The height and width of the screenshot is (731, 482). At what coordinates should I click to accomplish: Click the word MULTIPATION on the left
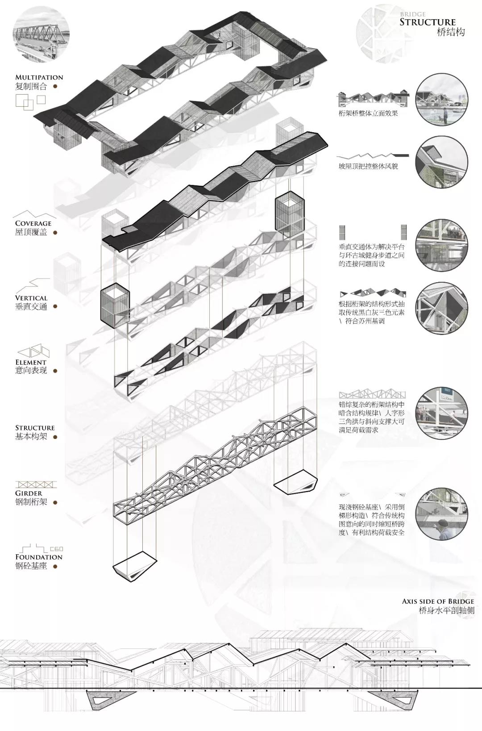click(x=39, y=77)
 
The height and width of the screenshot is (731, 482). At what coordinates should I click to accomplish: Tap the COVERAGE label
click(x=33, y=223)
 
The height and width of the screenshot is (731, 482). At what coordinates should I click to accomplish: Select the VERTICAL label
click(x=31, y=298)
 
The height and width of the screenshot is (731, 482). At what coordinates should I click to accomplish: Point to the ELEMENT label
click(x=31, y=362)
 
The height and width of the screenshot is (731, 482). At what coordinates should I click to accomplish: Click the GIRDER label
click(x=29, y=493)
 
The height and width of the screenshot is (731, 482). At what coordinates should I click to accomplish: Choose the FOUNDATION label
click(x=39, y=557)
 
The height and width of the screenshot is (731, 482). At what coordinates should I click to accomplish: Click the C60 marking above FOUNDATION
click(x=56, y=549)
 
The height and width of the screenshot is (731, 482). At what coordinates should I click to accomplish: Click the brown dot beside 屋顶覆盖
click(x=56, y=232)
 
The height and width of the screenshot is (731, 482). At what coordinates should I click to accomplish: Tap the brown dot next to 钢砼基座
click(x=55, y=566)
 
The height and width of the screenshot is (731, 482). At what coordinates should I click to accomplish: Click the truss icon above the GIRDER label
click(x=36, y=485)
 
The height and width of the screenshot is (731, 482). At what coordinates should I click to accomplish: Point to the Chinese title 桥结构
click(x=451, y=32)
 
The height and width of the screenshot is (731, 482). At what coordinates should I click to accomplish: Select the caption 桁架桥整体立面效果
click(x=368, y=113)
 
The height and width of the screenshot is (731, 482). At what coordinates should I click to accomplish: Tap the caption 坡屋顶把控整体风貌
click(x=368, y=166)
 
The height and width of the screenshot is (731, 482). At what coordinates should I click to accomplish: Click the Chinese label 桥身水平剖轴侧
click(x=447, y=610)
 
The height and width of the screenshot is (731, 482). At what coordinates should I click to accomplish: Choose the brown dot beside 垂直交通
click(x=55, y=306)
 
